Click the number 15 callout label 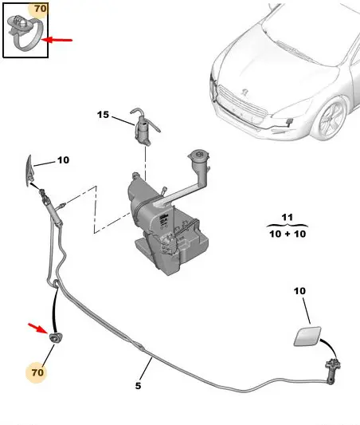click(103, 115)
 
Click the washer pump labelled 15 click(143, 128)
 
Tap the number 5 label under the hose click(138, 385)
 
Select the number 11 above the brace click(288, 217)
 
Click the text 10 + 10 click(288, 234)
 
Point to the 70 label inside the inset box click(41, 9)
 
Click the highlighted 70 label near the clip click(37, 372)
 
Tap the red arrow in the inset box click(57, 40)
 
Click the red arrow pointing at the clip click(38, 329)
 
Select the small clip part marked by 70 click(55, 338)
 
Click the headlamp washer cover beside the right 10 click(307, 336)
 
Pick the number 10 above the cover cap click(299, 291)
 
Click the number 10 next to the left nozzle click(64, 160)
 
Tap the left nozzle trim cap click(29, 171)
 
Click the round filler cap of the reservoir click(199, 155)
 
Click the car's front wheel click(331, 119)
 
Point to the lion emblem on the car click(245, 92)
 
